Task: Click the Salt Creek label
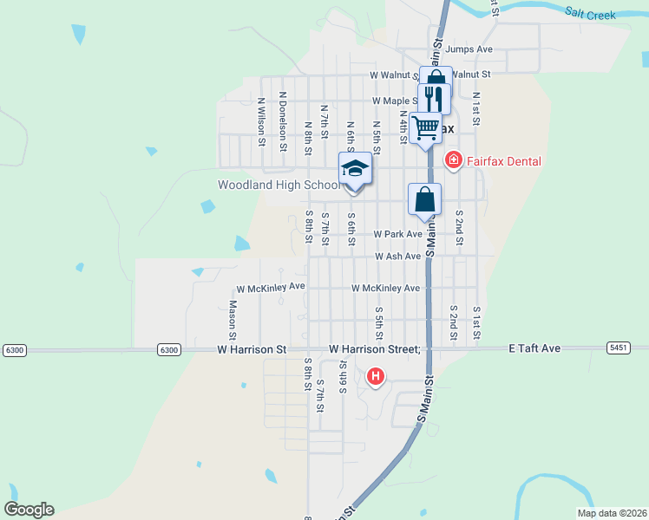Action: pos(589,14)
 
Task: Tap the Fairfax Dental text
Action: pos(503,161)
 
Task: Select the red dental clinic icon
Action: pos(453,160)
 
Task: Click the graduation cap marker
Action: pos(354,167)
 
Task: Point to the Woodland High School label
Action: pos(279,185)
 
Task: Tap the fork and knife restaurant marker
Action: pos(433,99)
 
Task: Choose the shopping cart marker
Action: pos(425,127)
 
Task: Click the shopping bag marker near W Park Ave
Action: pos(424,198)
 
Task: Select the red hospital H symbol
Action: pos(376,376)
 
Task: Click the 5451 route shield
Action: pos(619,348)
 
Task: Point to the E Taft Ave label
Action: pos(534,348)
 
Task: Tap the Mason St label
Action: pos(233,319)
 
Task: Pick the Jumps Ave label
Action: pos(469,49)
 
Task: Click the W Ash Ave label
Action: pos(398,257)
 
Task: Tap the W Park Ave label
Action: pos(397,234)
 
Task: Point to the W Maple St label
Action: pos(396,101)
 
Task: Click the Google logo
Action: pos(29,510)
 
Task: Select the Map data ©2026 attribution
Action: pos(612,513)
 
